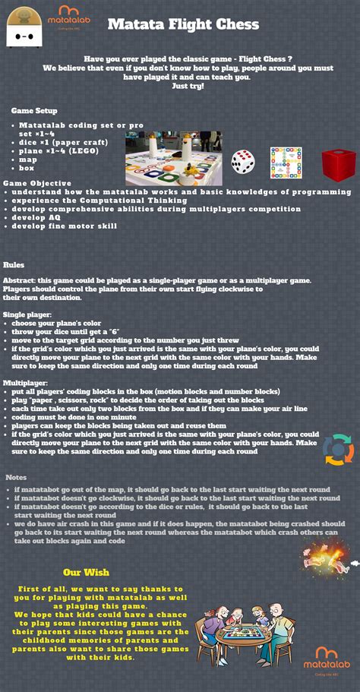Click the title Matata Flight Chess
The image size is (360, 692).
183,24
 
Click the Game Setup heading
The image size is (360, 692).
33,111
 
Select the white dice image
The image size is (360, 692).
243,161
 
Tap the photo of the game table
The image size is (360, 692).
174,159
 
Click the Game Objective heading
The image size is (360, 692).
37,183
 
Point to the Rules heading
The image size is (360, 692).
14,265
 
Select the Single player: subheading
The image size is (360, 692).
25,314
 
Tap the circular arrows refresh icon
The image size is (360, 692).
338,449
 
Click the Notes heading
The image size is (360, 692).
16,477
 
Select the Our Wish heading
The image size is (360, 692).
86,572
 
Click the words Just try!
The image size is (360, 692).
188,86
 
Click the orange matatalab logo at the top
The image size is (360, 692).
74,15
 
